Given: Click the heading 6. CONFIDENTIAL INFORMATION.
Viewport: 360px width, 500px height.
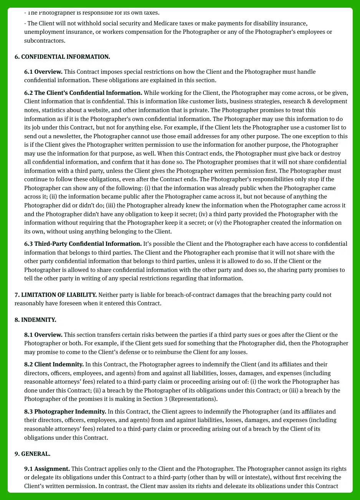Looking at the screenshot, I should coord(62,57).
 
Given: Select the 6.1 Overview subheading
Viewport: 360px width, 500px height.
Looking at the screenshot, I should coord(43,72).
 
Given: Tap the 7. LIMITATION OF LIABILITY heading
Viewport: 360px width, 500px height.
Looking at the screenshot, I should coord(56,295).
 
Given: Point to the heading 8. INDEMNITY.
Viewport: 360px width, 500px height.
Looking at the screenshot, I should coord(35,320).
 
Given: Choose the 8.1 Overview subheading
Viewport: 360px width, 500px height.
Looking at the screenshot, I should coord(43,335).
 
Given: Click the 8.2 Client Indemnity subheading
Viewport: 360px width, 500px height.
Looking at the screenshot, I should coord(54,364).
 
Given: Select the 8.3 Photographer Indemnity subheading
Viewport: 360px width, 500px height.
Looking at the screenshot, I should coord(65,412).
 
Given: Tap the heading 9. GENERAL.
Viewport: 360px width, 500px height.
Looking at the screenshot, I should coord(32,454).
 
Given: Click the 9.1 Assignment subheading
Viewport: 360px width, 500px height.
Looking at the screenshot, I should coord(47,469).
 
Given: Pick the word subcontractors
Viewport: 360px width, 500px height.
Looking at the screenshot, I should coord(45,41).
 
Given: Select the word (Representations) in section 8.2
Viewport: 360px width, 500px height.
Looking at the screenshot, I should coord(197,399).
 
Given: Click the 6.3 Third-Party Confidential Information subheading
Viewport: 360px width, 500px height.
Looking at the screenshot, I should coord(83,244).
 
